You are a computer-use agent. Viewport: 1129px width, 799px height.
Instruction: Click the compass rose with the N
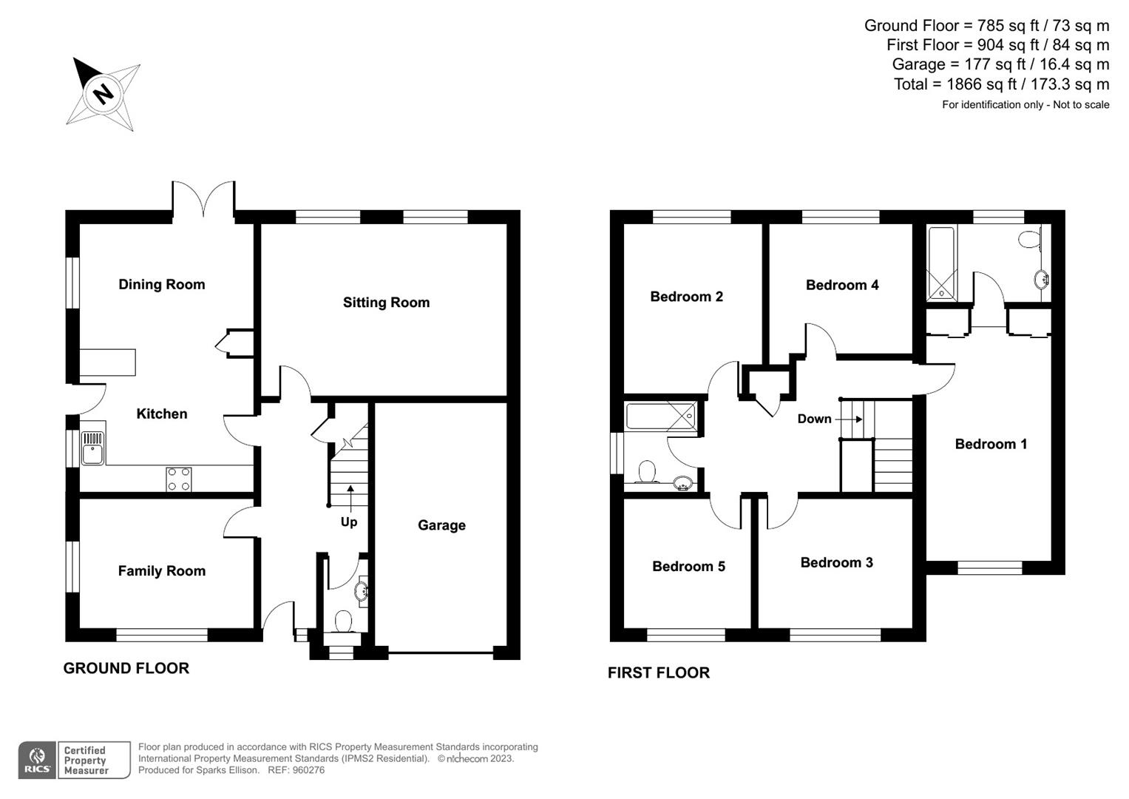(104, 94)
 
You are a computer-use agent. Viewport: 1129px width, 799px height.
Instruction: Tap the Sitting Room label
(386, 302)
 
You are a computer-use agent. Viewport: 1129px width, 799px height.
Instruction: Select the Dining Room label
(161, 284)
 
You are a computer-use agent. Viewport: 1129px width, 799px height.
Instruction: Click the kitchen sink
(93, 447)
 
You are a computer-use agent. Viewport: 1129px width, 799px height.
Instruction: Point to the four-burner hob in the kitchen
(179, 479)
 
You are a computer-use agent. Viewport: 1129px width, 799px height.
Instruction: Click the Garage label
(441, 525)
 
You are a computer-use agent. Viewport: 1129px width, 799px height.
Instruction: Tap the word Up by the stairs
(349, 522)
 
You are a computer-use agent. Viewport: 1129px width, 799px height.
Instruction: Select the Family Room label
(161, 570)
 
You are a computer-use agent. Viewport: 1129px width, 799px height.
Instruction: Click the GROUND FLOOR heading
(126, 668)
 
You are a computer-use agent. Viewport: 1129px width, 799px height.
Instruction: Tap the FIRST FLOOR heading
(658, 672)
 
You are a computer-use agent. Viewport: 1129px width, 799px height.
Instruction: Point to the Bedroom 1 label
(991, 444)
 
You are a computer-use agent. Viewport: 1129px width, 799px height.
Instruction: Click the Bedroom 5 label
(688, 566)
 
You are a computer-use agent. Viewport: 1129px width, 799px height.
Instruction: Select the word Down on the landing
(814, 419)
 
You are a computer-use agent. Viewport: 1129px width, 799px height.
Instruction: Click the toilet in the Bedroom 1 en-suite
(1028, 238)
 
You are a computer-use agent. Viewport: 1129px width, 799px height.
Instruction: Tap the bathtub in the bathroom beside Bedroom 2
(661, 416)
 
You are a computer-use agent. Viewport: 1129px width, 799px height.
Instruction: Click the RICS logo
(37, 760)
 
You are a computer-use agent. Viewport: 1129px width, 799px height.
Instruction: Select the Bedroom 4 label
(842, 285)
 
